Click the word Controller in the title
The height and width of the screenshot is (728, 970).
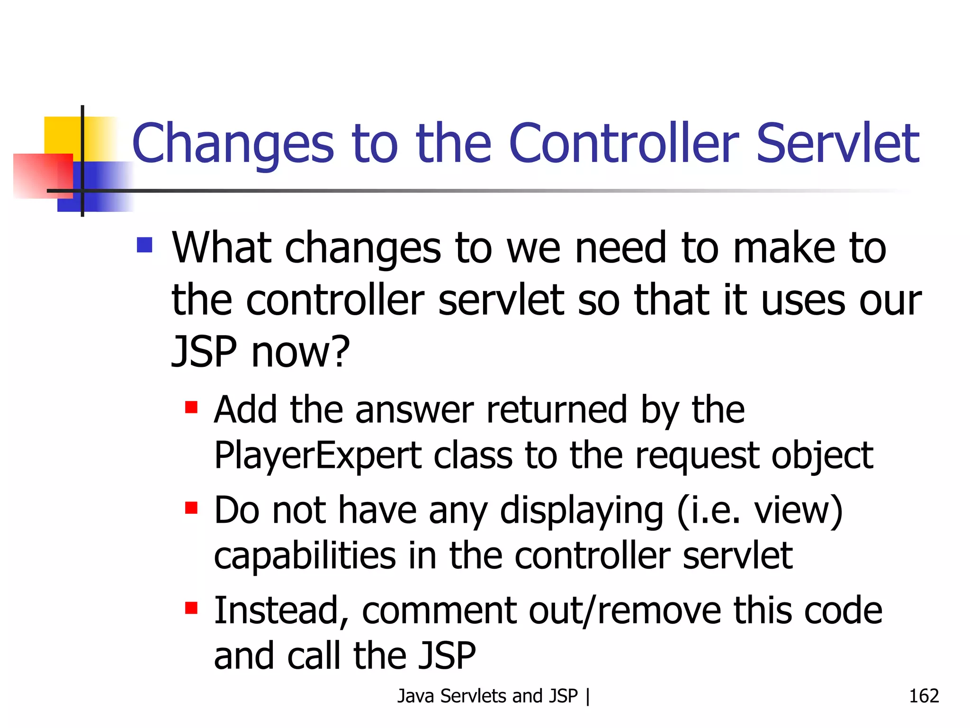623,144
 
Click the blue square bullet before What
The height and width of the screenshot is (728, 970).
144,245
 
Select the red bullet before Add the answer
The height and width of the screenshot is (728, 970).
191,407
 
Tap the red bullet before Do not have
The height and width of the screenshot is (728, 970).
191,508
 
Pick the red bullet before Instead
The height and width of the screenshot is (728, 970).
191,608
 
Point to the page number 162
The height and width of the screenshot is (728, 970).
924,696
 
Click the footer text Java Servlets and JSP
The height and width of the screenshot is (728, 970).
488,696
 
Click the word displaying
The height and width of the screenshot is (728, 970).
582,511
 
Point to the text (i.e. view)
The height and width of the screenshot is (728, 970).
760,511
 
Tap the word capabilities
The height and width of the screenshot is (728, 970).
305,556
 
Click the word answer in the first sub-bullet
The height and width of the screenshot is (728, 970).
414,410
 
